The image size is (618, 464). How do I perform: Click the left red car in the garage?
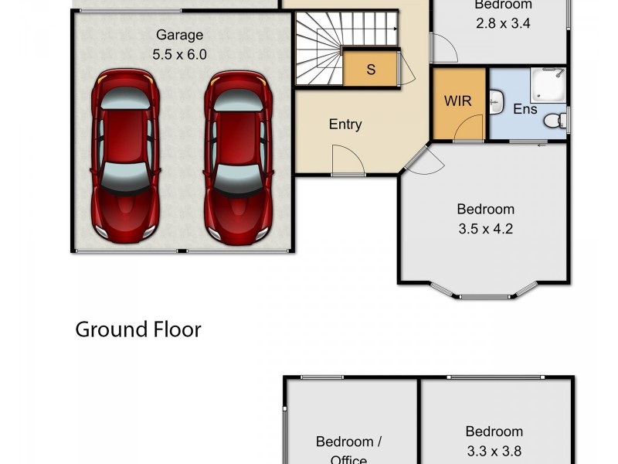coord(124,155)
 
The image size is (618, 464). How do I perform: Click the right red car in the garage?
coord(237,155)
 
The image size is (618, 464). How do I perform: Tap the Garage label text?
coord(179,35)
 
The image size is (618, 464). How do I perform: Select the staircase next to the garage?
coord(318,51)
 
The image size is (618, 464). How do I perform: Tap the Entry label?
coord(345,125)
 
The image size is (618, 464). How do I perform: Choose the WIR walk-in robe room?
coord(458,102)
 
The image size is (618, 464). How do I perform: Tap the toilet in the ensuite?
coord(555,121)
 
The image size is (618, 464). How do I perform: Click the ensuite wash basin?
coord(497,101)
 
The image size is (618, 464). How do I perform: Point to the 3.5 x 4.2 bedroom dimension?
coord(485,228)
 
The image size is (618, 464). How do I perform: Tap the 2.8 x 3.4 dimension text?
coord(502,23)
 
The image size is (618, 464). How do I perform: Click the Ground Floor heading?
coord(138,329)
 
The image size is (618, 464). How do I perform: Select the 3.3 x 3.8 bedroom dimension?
coord(494,451)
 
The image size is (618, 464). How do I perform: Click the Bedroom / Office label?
coord(349,449)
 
